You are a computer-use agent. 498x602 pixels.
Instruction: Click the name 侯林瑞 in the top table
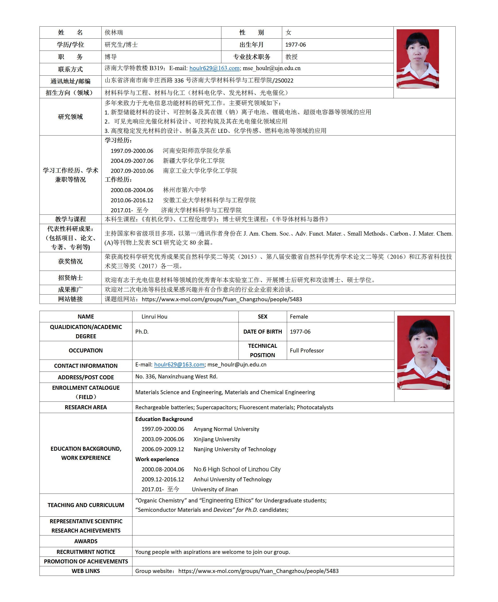click(x=114, y=32)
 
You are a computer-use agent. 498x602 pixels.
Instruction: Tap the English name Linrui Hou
click(x=154, y=317)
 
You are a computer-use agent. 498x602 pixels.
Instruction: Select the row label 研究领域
click(x=70, y=117)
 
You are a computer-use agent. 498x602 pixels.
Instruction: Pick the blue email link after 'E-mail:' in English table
click(x=179, y=365)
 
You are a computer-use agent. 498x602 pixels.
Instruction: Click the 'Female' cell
click(x=299, y=317)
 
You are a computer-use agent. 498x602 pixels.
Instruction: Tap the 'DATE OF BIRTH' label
click(x=262, y=332)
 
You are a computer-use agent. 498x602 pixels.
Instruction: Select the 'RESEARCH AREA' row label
click(x=86, y=407)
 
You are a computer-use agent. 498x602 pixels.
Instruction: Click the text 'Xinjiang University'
click(x=217, y=439)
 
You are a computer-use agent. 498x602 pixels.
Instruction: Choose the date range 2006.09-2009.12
click(x=163, y=449)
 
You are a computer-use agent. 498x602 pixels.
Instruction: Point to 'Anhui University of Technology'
click(x=232, y=479)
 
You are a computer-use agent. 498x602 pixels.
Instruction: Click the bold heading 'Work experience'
click(x=157, y=459)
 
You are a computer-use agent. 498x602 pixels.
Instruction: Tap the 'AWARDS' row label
click(x=86, y=541)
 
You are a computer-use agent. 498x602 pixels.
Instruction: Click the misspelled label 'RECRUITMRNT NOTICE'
click(x=86, y=552)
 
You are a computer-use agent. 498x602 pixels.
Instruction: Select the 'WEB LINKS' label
click(x=86, y=571)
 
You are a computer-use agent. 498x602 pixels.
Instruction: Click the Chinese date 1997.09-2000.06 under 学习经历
click(x=132, y=151)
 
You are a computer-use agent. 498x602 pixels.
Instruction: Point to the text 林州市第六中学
click(x=185, y=190)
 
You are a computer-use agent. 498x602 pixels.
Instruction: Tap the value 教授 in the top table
click(x=291, y=57)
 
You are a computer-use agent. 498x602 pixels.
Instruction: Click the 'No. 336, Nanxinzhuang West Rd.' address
click(x=176, y=377)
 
